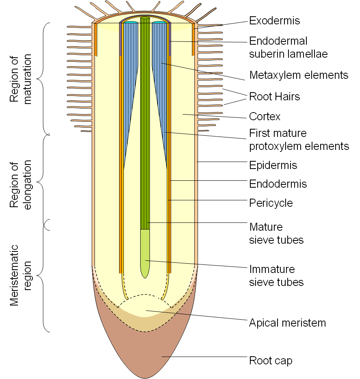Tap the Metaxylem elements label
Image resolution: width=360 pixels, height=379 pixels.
coord(299,75)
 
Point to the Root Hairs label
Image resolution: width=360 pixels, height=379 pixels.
coord(274,96)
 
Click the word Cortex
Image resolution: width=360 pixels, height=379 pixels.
coord(265,117)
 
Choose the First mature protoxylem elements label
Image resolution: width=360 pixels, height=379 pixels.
coord(299,139)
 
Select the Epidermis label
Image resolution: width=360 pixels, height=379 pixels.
coord(273,165)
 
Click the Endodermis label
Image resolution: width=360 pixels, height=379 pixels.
coord(278,184)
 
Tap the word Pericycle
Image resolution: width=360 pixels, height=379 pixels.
coord(271,202)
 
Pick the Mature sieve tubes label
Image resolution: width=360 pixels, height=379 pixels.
coord(276,233)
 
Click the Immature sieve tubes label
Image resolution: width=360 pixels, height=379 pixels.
coord(276,275)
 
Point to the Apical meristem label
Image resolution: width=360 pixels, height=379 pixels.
coord(288,323)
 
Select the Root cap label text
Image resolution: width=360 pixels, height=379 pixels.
coord(271,360)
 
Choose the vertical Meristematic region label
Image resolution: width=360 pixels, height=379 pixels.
coord(21,275)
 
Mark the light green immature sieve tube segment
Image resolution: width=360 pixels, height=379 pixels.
coord(145,252)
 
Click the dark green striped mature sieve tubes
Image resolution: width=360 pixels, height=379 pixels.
coord(145,122)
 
